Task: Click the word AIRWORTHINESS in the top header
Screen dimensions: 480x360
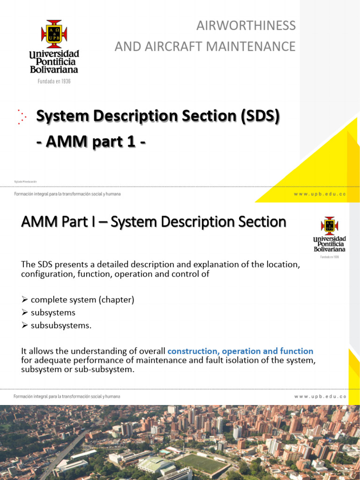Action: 246,25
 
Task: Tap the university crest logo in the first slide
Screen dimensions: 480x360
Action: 54,34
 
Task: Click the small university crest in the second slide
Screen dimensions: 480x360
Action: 329,225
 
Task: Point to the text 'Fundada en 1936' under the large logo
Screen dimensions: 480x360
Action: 54,82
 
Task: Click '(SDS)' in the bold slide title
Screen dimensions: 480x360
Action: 260,116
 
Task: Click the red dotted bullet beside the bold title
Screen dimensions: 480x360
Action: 21,117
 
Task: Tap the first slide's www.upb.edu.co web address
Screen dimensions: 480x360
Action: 320,194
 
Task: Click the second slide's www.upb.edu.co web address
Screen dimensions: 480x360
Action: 320,397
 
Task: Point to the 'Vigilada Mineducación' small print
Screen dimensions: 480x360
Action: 25,181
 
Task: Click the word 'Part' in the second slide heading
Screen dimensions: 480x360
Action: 65,222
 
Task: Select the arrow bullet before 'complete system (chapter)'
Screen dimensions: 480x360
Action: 25,300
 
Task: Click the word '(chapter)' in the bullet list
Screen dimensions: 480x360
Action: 117,300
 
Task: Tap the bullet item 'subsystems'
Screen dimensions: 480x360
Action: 53,313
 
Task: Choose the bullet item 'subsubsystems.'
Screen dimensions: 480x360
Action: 61,325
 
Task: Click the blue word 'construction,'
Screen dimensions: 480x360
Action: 193,351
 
